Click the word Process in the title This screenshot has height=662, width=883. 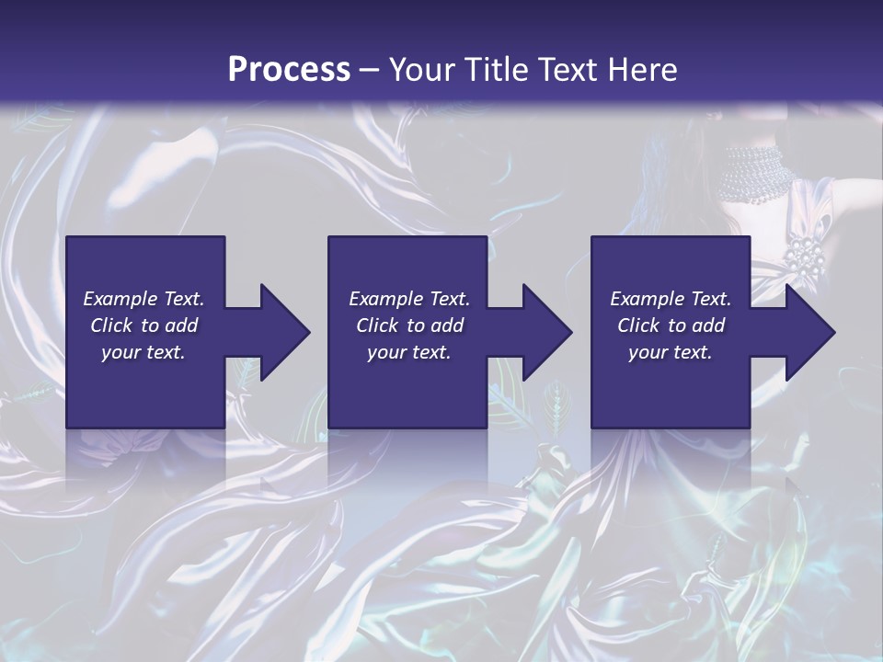click(x=289, y=69)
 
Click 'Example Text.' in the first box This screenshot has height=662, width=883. click(x=143, y=299)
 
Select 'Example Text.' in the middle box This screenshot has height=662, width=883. click(x=409, y=299)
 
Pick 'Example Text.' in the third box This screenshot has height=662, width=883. click(x=671, y=299)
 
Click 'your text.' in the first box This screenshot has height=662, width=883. click(x=143, y=352)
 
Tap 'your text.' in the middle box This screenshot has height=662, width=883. click(x=409, y=352)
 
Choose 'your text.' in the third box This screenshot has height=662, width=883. click(x=671, y=352)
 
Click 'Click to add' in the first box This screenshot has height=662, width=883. click(x=143, y=325)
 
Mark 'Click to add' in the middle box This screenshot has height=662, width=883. click(x=409, y=325)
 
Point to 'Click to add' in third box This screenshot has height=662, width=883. click(x=671, y=325)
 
